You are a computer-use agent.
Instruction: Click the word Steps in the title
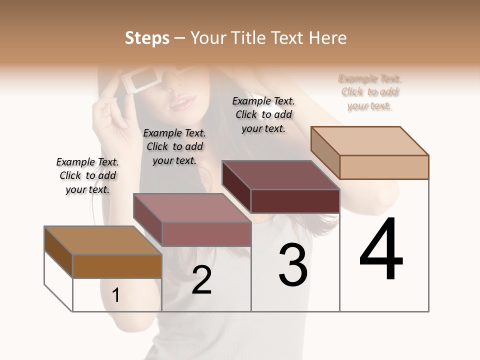(147, 38)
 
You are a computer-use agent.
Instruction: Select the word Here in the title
(326, 38)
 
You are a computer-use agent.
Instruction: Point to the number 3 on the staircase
(293, 265)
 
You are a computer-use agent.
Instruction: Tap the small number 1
(115, 295)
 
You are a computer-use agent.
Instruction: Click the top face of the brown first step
(102, 240)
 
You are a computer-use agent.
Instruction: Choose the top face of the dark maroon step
(280, 175)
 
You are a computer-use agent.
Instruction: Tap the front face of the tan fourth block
(384, 167)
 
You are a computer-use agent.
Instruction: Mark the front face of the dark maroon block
(295, 201)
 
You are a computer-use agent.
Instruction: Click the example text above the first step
(87, 175)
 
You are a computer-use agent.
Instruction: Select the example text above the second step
(174, 146)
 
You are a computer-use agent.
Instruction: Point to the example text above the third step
(263, 114)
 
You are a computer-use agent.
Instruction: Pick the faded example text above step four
(369, 92)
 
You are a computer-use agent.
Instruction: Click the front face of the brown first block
(117, 266)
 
